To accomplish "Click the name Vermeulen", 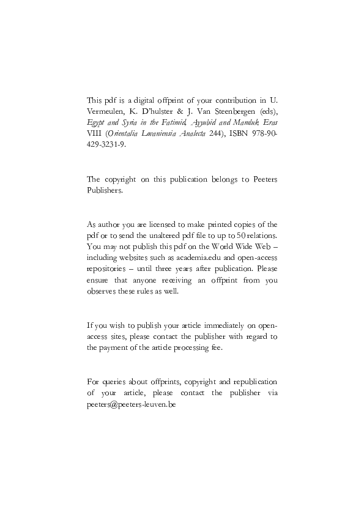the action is point(108,111).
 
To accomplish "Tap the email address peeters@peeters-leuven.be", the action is point(132,405).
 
